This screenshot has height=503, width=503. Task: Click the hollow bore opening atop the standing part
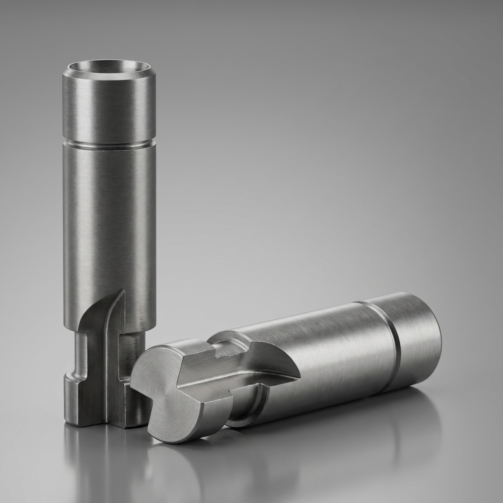109,68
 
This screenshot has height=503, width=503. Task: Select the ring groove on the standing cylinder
109,144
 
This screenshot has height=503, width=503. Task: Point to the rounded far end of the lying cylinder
432,339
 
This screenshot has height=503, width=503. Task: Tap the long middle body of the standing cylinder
109,221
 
